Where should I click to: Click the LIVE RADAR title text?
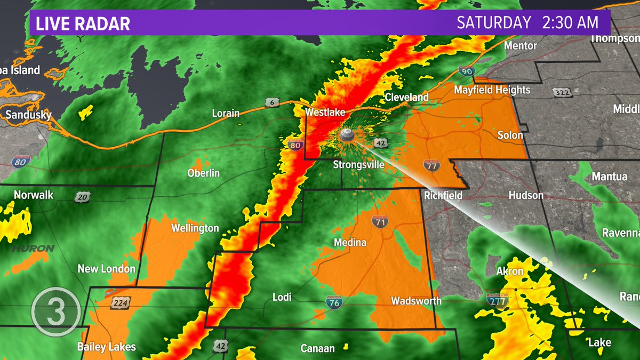(x=83, y=24)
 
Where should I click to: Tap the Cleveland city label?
(x=406, y=97)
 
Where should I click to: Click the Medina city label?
(x=350, y=243)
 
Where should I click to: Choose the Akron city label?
(x=510, y=271)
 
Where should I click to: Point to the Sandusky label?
(x=28, y=115)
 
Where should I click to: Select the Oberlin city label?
(x=203, y=173)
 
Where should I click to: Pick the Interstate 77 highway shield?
(x=431, y=165)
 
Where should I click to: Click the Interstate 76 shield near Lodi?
(x=334, y=303)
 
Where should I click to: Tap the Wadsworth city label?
(x=416, y=301)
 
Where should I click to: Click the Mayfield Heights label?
(x=492, y=90)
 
